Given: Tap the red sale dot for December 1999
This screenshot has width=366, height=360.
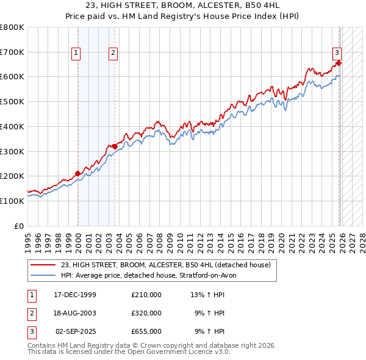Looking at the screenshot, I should pos(78,173).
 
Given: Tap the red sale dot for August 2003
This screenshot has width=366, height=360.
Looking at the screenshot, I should pos(115,146).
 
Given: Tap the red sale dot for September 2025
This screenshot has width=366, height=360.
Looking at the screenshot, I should pos(339,63).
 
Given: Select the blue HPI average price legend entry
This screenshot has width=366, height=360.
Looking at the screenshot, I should pos(152,275).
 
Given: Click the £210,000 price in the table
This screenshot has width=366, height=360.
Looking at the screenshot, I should pos(146,295).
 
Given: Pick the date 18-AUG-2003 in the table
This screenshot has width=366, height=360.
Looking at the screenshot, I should pos(75,313).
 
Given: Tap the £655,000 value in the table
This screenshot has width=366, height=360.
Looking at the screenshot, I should pos(146,331).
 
